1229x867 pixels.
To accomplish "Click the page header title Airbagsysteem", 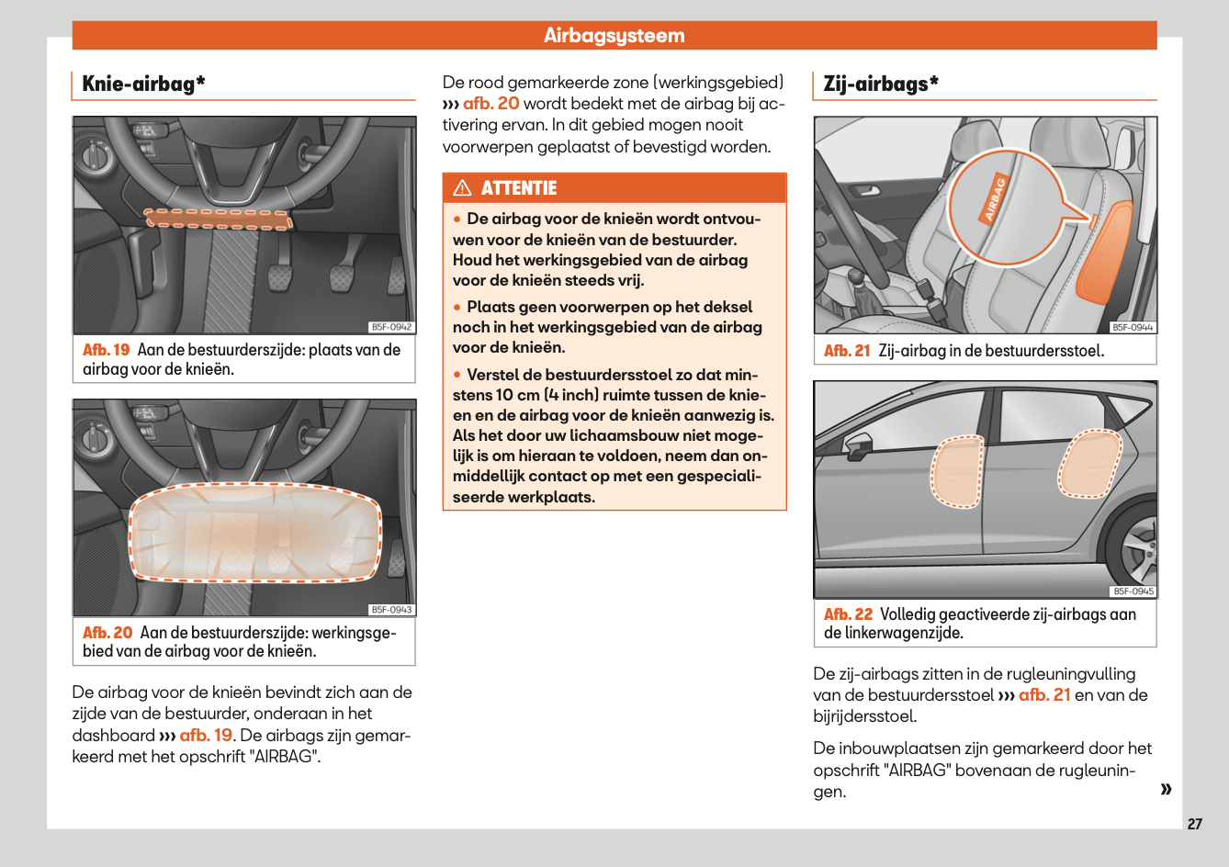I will click(614, 36).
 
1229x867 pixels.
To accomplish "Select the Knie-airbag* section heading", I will click(143, 84).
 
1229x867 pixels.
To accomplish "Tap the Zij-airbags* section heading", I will click(881, 84).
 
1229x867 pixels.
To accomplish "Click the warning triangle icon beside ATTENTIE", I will click(463, 188).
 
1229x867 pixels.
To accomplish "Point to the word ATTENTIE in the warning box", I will click(519, 188).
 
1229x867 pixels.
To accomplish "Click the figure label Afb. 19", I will click(106, 350).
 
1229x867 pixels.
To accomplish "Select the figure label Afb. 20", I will click(107, 633).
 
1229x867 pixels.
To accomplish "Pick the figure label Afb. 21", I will click(847, 351).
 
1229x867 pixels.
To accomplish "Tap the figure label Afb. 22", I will click(848, 614).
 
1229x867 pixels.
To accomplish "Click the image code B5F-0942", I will click(392, 327).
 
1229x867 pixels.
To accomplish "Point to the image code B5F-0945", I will click(1133, 591).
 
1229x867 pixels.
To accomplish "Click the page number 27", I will click(1194, 824).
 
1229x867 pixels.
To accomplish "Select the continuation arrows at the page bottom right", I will click(1166, 789).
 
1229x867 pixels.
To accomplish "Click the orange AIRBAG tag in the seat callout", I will click(995, 199).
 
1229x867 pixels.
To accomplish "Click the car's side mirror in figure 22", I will click(858, 447).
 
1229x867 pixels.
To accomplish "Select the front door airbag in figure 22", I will click(957, 471).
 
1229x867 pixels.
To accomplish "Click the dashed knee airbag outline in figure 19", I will click(219, 219).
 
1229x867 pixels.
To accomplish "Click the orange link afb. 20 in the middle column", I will click(490, 104).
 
